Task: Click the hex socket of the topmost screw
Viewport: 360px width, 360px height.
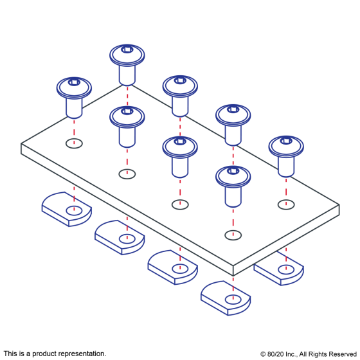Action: click(x=127, y=50)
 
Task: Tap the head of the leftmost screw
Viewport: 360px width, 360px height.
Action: click(x=74, y=88)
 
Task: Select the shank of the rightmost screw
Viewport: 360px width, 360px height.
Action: click(x=286, y=166)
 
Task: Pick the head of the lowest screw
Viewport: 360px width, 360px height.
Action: click(x=233, y=177)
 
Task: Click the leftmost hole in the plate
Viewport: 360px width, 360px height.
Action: click(x=74, y=143)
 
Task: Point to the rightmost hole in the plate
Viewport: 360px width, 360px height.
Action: click(x=286, y=204)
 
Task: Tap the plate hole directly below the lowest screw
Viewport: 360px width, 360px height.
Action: click(x=233, y=235)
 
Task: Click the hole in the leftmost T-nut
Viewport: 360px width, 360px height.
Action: click(x=74, y=211)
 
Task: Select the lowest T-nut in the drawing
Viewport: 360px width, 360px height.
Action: click(x=226, y=298)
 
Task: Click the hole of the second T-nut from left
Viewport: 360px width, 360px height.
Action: click(x=127, y=239)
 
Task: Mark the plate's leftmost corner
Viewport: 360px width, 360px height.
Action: click(x=21, y=144)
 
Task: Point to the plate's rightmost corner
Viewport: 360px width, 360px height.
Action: click(x=339, y=205)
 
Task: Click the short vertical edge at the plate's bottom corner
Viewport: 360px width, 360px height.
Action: click(x=233, y=271)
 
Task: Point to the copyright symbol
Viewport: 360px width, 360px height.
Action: click(x=263, y=354)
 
